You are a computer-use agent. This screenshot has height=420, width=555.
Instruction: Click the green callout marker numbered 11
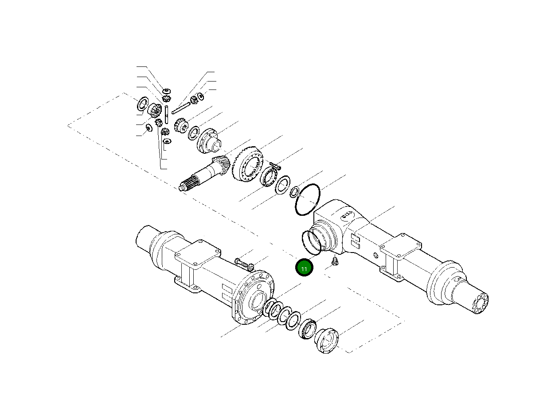[x=304, y=268]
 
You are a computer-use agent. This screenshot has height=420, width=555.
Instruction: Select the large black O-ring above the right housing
[x=307, y=200]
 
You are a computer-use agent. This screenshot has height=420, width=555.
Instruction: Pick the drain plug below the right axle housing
[x=335, y=262]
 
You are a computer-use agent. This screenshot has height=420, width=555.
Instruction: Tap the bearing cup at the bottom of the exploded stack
[x=327, y=341]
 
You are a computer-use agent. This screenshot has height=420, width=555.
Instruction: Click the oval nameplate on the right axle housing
[x=346, y=216]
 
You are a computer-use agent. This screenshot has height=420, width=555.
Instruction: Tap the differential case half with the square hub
[x=208, y=140]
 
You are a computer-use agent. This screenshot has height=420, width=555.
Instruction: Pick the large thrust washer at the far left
[x=142, y=104]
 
